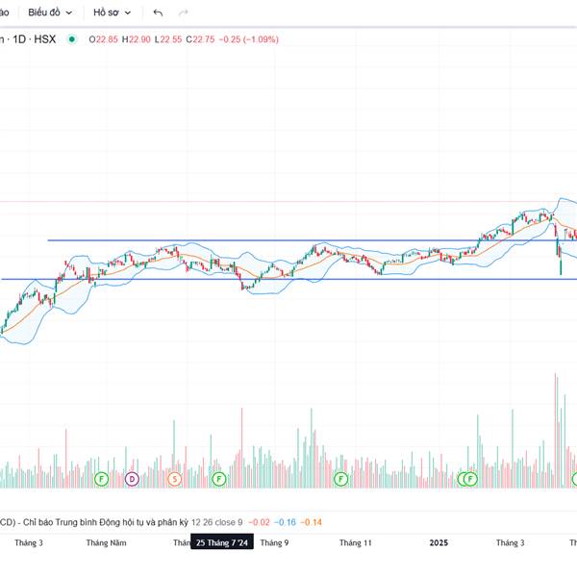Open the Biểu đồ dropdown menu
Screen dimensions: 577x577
coord(50,13)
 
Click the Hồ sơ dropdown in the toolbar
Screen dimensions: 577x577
coord(112,13)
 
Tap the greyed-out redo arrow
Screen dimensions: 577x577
coord(184,13)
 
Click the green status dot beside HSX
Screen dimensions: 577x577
coord(72,39)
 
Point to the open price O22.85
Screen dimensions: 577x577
coord(104,39)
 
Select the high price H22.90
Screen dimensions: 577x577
coord(138,39)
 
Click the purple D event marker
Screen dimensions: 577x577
coord(132,478)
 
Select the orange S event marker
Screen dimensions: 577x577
coord(174,478)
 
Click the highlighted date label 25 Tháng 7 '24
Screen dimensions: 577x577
coord(222,543)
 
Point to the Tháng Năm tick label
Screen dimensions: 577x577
coord(106,543)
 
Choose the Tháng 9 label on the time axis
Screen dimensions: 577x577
coord(274,543)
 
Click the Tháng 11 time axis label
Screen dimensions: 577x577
coord(355,543)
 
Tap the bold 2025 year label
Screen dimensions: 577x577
coord(439,543)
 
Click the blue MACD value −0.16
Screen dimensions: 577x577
coord(285,522)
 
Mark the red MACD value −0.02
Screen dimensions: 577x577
coord(259,522)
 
